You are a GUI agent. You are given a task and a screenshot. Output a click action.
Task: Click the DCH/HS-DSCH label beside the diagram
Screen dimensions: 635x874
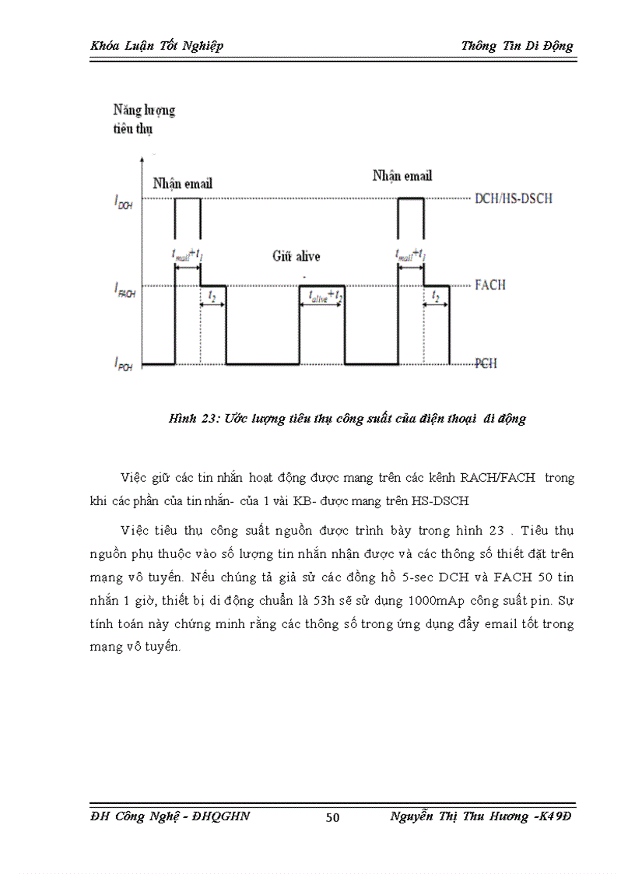tap(514, 198)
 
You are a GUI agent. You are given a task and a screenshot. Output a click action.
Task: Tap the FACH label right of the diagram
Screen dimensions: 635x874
tap(489, 285)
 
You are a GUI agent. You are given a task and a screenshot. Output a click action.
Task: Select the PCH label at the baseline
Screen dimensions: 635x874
tap(486, 363)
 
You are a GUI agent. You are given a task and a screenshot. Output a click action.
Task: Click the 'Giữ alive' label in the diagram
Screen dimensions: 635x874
tap(296, 255)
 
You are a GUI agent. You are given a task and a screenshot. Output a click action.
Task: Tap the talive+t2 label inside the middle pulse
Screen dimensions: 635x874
tap(321, 296)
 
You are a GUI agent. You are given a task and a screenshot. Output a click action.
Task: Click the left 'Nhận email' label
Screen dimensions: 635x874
tap(182, 184)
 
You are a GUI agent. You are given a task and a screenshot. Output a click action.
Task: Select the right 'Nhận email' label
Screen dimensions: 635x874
tap(402, 175)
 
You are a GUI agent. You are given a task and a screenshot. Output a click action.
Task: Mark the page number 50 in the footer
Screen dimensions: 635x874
tap(332, 816)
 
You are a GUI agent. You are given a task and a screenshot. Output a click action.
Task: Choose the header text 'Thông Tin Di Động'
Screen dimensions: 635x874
tap(517, 45)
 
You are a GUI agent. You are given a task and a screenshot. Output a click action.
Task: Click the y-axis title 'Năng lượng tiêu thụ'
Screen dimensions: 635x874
tap(144, 119)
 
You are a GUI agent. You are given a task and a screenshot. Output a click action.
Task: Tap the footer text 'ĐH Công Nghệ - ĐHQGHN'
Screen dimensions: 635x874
tap(170, 816)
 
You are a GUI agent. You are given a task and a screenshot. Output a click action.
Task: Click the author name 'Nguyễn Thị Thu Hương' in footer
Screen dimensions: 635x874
tap(457, 816)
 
